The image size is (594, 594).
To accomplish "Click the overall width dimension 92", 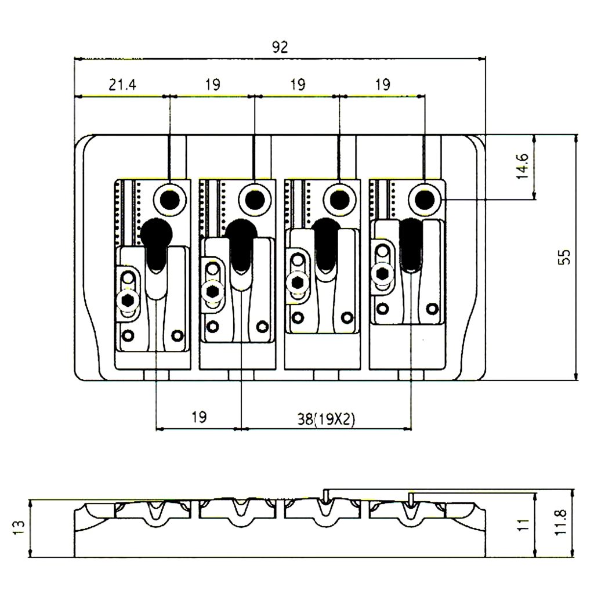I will [x=280, y=47].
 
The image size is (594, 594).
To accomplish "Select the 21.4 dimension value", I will [x=122, y=85].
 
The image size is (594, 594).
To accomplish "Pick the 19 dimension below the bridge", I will [x=198, y=417].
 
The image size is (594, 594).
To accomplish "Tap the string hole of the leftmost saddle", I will [x=170, y=199].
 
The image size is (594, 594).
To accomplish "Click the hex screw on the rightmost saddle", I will [x=382, y=273].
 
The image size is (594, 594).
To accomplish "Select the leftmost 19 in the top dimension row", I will [x=212, y=85].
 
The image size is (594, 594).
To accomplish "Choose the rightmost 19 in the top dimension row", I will [x=382, y=85].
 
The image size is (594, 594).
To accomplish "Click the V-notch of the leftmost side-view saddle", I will [x=154, y=513].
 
